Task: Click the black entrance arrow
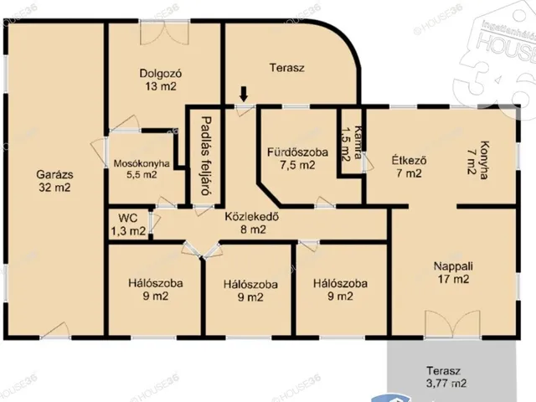pyautogui.click(x=244, y=94)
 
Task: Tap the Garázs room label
pyautogui.click(x=54, y=181)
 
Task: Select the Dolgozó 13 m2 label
pyautogui.click(x=161, y=80)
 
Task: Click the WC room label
pyautogui.click(x=128, y=224)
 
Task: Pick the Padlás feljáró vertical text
pyautogui.click(x=206, y=156)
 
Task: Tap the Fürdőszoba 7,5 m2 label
pyautogui.click(x=297, y=158)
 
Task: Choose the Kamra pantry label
pyautogui.click(x=351, y=144)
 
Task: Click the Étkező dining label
pyautogui.click(x=410, y=167)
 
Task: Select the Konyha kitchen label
pyautogui.click(x=477, y=160)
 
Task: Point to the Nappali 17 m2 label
pyautogui.click(x=453, y=272)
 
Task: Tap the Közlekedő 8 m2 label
pyautogui.click(x=252, y=223)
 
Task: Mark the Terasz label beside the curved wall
pyautogui.click(x=286, y=67)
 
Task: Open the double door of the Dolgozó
pyautogui.click(x=164, y=33)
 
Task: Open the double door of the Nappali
pyautogui.click(x=452, y=324)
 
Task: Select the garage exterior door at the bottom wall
pyautogui.click(x=55, y=331)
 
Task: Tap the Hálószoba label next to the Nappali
pyautogui.click(x=340, y=290)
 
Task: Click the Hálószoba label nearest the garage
pyautogui.click(x=156, y=290)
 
